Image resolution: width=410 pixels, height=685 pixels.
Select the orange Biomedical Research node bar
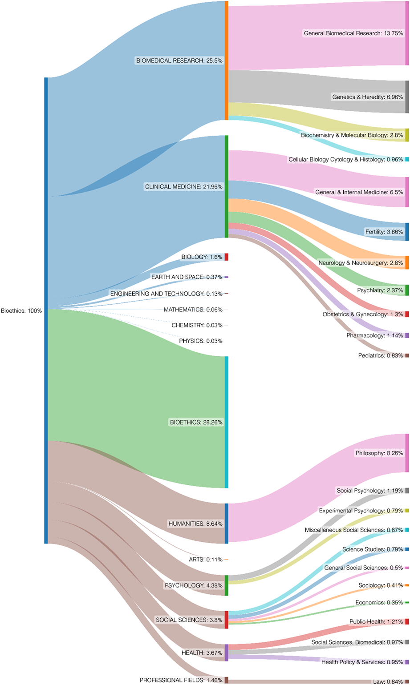pyautogui.click(x=227, y=60)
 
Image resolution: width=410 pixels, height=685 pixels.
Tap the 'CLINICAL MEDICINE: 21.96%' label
pyautogui.click(x=183, y=187)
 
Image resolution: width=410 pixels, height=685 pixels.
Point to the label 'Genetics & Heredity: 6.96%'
pyautogui.click(x=367, y=97)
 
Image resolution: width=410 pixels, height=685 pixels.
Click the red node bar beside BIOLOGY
pyautogui.click(x=226, y=257)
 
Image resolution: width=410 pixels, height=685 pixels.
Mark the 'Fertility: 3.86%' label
pyautogui.click(x=384, y=232)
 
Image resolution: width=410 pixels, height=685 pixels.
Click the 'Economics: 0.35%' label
pyautogui.click(x=379, y=602)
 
